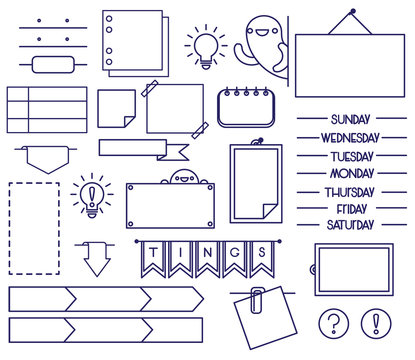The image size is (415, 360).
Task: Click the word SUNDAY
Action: coord(350,119)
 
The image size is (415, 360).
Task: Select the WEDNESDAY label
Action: coord(350,137)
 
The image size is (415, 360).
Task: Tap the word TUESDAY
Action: coord(351,155)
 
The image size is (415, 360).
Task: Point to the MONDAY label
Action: coord(351,172)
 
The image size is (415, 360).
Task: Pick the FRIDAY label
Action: coord(351,208)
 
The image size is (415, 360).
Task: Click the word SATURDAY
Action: coord(350,225)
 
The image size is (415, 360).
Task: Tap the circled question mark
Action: coord(334,323)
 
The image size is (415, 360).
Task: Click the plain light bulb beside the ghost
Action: coord(207,47)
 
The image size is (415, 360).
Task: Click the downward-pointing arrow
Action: coord(97,261)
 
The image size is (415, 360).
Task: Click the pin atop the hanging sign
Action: coord(351,15)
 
